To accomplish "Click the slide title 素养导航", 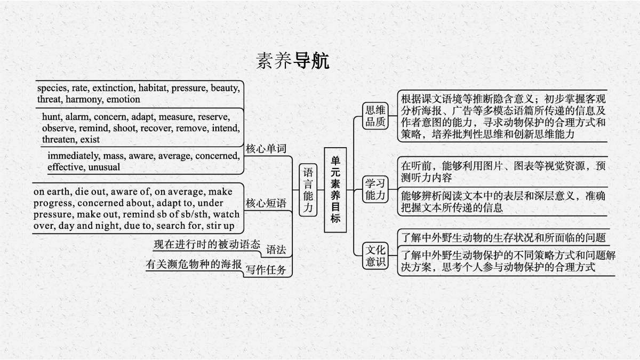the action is click(x=292, y=61).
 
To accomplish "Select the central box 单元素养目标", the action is click(x=335, y=190).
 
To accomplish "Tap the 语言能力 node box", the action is click(x=308, y=190).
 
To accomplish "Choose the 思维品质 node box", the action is click(x=375, y=116).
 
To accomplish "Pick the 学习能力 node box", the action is click(x=375, y=189).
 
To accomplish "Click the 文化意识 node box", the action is click(x=375, y=255).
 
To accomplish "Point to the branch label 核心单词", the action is click(x=266, y=149).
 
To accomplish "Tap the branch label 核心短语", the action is click(x=266, y=203).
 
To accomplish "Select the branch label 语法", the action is click(x=276, y=250).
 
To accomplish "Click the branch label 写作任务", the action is click(x=266, y=269).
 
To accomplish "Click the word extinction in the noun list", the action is click(x=114, y=88).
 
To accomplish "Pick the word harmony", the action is click(x=85, y=99).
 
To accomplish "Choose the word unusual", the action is click(x=104, y=167).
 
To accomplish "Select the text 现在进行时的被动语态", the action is click(x=207, y=245).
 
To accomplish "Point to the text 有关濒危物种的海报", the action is click(x=194, y=265).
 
